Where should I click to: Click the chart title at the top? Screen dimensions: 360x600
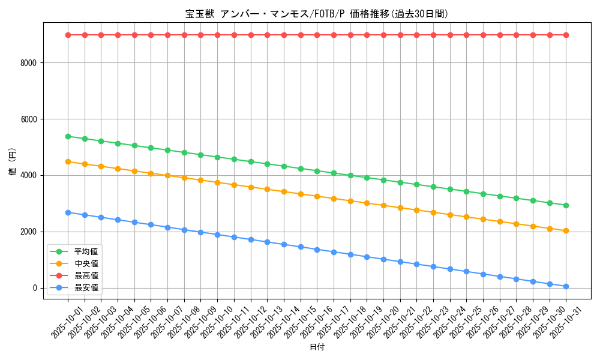pos(316,14)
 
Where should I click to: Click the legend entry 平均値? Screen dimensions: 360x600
pos(86,251)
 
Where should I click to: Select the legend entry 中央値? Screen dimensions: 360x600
pos(86,263)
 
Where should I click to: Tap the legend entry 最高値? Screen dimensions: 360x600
pos(86,275)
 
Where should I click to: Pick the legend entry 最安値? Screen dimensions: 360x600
pos(86,287)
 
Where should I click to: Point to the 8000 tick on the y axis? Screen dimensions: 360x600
pos(29,63)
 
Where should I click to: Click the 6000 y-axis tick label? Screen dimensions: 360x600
pos(29,119)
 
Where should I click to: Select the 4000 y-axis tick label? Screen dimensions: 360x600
pos(29,176)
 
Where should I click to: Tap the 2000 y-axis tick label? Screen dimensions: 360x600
pos(29,232)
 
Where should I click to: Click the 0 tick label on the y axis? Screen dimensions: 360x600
pos(35,288)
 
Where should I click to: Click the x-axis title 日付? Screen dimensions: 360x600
pos(316,347)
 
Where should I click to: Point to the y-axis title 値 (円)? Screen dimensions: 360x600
pos(13,161)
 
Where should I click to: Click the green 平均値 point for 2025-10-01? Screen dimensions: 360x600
pos(68,136)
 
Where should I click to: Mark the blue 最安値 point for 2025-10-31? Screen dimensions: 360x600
pos(566,287)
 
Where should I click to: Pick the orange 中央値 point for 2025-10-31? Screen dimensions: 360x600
pos(566,230)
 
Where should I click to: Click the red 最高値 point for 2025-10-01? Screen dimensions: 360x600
pos(68,35)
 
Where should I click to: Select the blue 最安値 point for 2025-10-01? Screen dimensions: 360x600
pos(68,212)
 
